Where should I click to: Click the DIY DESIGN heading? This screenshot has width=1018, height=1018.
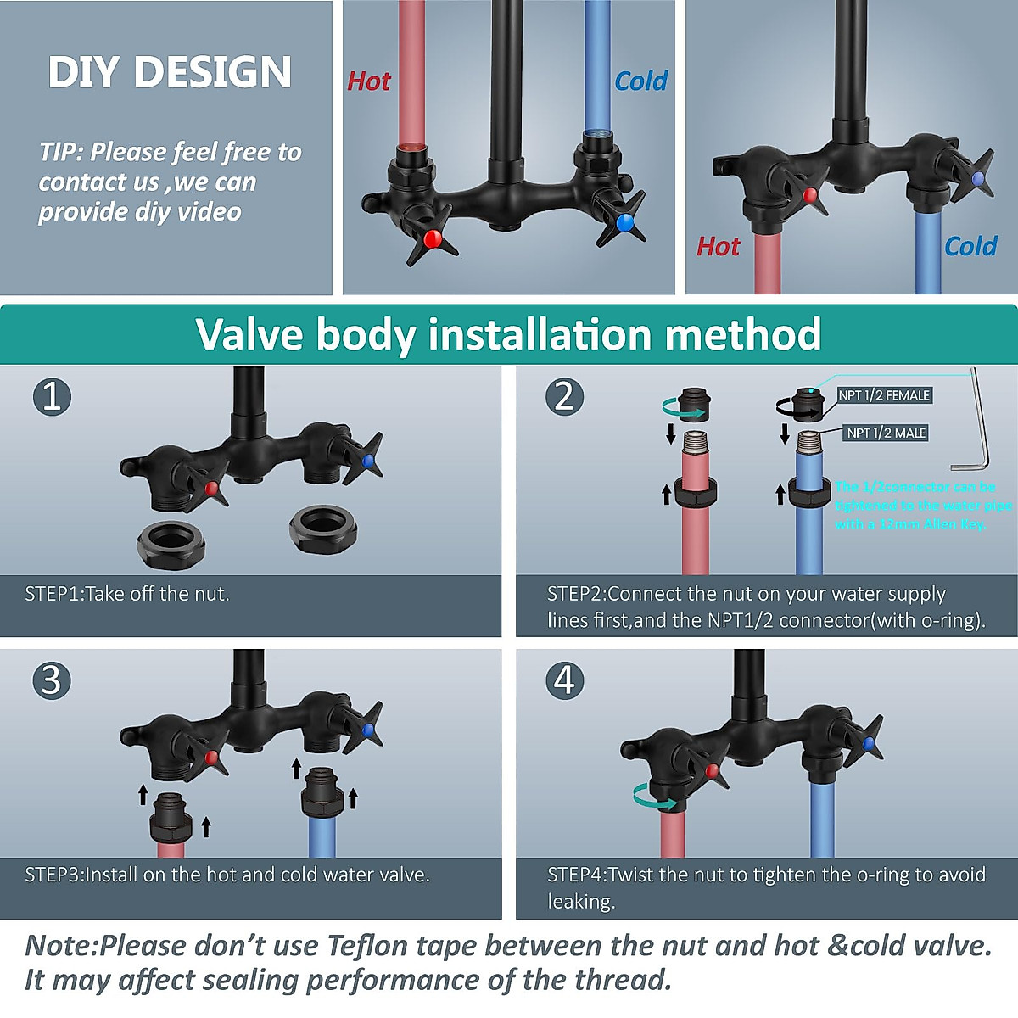pyautogui.click(x=170, y=71)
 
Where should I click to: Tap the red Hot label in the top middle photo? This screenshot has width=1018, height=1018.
pyautogui.click(x=369, y=81)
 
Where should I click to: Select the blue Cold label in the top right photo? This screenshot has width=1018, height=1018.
pyautogui.click(x=970, y=246)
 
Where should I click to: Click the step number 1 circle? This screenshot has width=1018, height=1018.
pyautogui.click(x=52, y=396)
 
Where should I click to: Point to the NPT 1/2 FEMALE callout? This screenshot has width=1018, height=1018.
pyautogui.click(x=884, y=395)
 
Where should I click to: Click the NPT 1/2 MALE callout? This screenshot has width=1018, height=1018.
pyautogui.click(x=886, y=433)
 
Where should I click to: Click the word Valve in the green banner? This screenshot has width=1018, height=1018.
pyautogui.click(x=249, y=333)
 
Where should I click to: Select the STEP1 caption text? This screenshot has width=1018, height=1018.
pyautogui.click(x=127, y=594)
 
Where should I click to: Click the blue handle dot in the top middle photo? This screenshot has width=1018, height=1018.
pyautogui.click(x=625, y=222)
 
